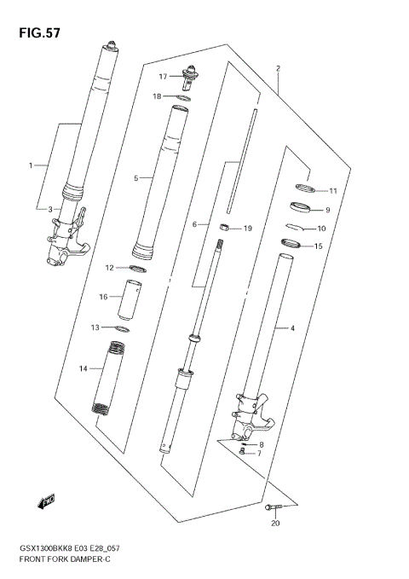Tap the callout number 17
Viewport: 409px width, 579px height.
point(162,76)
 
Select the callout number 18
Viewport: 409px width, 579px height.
point(158,96)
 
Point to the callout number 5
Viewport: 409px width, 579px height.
point(135,178)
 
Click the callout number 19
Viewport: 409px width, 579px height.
point(248,229)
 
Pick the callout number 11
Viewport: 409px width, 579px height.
point(333,190)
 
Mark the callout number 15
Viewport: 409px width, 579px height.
point(318,246)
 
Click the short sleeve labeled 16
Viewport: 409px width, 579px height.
point(134,298)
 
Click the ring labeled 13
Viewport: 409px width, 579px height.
point(122,328)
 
